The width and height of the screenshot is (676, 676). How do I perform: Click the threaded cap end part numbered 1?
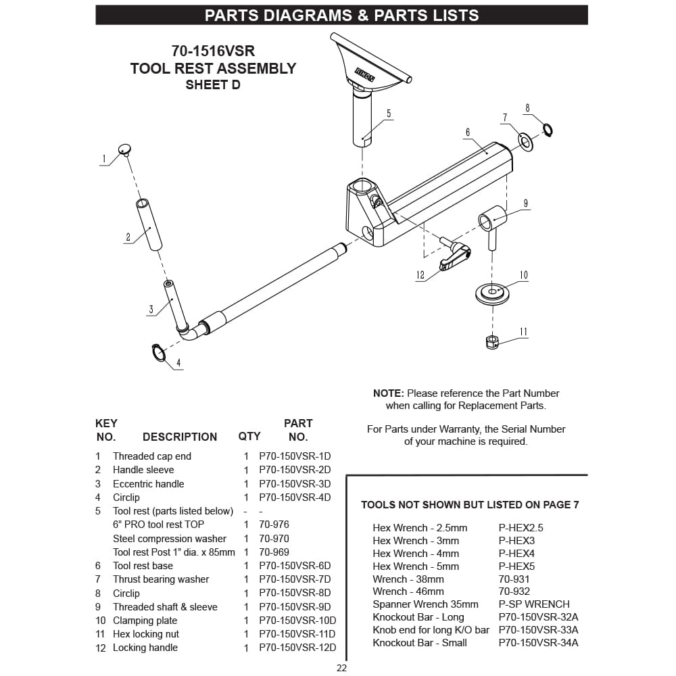click(125, 149)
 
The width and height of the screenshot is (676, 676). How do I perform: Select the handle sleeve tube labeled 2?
click(149, 224)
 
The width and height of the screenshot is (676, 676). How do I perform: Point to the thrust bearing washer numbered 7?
click(525, 141)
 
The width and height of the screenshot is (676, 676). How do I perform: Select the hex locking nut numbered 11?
click(493, 342)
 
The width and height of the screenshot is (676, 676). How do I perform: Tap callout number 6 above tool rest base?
click(467, 132)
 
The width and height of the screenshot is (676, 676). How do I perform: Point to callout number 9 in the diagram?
click(525, 203)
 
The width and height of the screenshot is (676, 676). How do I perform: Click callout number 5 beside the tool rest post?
click(389, 114)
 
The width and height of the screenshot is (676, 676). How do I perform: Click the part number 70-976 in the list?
click(274, 525)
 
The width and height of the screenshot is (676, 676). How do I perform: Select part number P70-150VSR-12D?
click(297, 648)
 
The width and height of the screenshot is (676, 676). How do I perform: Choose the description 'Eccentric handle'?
click(148, 484)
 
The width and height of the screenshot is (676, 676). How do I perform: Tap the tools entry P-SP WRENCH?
click(534, 604)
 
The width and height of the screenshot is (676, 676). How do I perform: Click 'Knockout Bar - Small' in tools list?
click(419, 643)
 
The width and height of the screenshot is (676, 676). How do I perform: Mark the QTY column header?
click(249, 437)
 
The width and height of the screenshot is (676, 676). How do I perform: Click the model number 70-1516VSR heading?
click(213, 51)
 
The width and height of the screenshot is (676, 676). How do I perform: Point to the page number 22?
click(341, 668)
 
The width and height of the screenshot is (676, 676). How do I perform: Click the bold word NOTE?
click(388, 393)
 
